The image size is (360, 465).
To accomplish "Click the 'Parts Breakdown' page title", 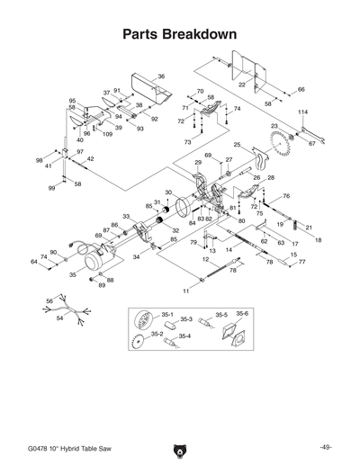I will [x=179, y=35].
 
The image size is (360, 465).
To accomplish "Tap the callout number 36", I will [x=161, y=76].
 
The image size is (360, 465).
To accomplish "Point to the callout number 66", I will [x=301, y=90].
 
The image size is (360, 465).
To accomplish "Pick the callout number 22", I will [x=242, y=84].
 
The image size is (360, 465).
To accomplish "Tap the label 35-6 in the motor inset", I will [x=242, y=313].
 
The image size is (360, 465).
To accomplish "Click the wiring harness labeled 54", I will [x=67, y=310].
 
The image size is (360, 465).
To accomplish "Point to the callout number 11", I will [x=186, y=291].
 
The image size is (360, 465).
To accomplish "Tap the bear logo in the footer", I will [x=179, y=449].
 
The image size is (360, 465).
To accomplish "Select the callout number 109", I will [x=107, y=134].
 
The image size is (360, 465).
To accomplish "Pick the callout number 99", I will [x=52, y=189].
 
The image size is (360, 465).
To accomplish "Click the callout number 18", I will [x=317, y=240].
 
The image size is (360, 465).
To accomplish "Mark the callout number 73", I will [x=188, y=142].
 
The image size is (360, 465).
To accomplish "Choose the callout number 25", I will [x=237, y=144].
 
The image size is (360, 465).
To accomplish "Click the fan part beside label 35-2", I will [x=139, y=341].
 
